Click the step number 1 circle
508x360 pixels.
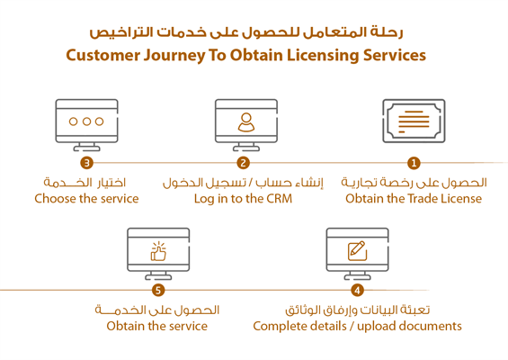pyautogui.click(x=414, y=163)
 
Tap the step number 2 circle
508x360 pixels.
pyautogui.click(x=244, y=163)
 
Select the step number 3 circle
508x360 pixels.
pyautogui.click(x=87, y=163)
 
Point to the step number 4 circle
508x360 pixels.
pyautogui.click(x=357, y=291)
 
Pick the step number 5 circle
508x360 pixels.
pyautogui.click(x=158, y=291)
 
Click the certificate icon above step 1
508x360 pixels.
pyautogui.click(x=414, y=121)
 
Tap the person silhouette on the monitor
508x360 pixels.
pyautogui.click(x=246, y=122)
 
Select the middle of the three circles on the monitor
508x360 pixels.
pyautogui.click(x=86, y=121)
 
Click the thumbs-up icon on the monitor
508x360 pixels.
pyautogui.click(x=158, y=251)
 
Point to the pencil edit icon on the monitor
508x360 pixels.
pyautogui.click(x=357, y=251)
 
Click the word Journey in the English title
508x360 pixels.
pyautogui.click(x=174, y=56)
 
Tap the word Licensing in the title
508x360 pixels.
pyautogui.click(x=323, y=56)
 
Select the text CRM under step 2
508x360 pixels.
pyautogui.click(x=279, y=199)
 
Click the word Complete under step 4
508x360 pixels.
pyautogui.click(x=278, y=327)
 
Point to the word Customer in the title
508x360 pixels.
pyautogui.click(x=103, y=55)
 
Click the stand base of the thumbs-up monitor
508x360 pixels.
pyautogui.click(x=158, y=277)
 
